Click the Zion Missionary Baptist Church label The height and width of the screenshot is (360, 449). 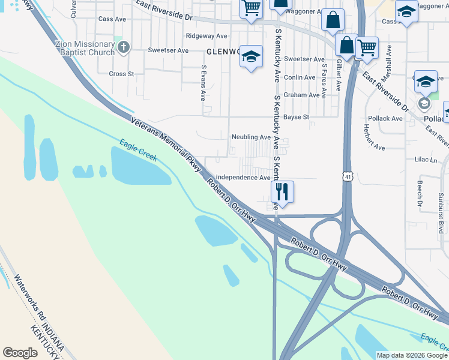pyautogui.click(x=84, y=48)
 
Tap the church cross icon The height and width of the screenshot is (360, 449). pyautogui.click(x=124, y=47)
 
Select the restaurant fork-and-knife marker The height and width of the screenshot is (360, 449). pyautogui.click(x=282, y=192)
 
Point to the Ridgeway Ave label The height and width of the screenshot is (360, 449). pyautogui.click(x=206, y=36)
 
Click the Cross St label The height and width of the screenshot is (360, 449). pyautogui.click(x=121, y=74)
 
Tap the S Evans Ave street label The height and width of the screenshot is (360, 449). pyautogui.click(x=204, y=82)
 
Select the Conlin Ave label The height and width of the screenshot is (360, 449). pyautogui.click(x=300, y=77)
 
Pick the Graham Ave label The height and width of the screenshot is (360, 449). pyautogui.click(x=301, y=95)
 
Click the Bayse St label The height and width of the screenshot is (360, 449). pyautogui.click(x=296, y=117)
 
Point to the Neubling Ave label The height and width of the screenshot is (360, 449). pyautogui.click(x=251, y=137)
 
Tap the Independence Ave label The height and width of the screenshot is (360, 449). pyautogui.click(x=243, y=178)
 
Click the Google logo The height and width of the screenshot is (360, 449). pyautogui.click(x=20, y=353)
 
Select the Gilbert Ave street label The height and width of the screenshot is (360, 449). pyautogui.click(x=339, y=75)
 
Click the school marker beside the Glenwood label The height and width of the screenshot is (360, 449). pyautogui.click(x=251, y=57)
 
